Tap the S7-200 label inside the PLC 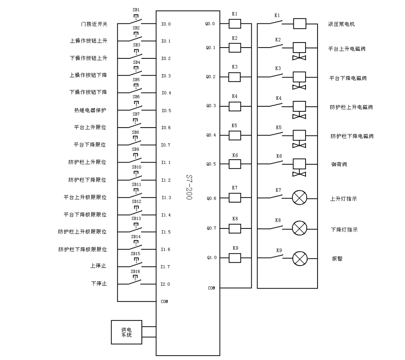point(189,187)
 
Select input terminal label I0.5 point(166,111)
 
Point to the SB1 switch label point(136,10)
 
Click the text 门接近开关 point(94,24)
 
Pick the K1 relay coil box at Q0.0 point(235,24)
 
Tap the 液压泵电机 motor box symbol point(300,24)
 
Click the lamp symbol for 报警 point(299,258)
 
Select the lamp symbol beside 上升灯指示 point(299,198)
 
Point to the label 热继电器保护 point(90,110)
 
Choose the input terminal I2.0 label point(166,284)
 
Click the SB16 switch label point(136,271)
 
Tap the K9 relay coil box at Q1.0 point(235,258)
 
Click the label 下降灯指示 point(344,230)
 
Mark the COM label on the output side point(211,288)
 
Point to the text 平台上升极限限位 point(85,197)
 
